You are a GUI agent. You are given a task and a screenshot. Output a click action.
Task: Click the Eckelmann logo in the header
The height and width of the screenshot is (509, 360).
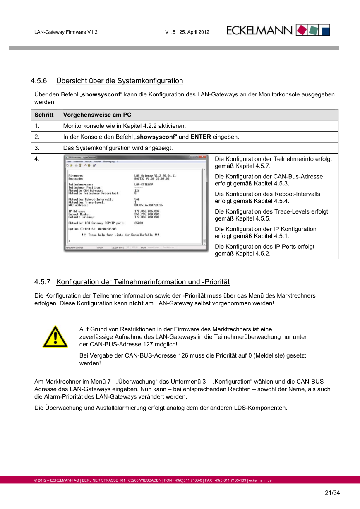pos(278,30)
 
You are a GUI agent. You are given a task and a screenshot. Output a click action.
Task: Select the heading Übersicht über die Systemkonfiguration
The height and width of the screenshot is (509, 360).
pos(120,81)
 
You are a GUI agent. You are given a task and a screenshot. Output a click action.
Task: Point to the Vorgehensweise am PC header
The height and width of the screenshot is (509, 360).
pos(97,115)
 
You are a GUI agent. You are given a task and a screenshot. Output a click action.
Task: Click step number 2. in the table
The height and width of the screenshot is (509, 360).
pos(37,137)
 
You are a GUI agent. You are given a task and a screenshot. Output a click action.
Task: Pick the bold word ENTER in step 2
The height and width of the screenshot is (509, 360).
pos(201,137)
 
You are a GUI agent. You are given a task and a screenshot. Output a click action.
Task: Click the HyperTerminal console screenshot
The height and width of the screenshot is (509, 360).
pos(136,203)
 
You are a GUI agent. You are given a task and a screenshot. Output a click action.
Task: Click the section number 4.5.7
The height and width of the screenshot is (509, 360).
pos(42,282)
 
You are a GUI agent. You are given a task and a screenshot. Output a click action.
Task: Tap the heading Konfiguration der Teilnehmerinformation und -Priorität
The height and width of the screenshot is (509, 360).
pos(143,282)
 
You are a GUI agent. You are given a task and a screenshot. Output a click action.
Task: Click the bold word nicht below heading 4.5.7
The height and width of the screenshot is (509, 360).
pos(136,303)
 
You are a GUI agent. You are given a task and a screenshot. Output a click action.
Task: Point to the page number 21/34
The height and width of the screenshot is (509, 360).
pos(332,493)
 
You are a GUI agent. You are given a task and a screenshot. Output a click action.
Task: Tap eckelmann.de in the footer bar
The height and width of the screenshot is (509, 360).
pos(260,480)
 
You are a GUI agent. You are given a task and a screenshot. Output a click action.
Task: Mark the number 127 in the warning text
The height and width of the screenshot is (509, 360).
pos(148,344)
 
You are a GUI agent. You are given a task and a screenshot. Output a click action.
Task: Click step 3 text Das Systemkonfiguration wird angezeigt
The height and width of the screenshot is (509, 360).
pos(118,148)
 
